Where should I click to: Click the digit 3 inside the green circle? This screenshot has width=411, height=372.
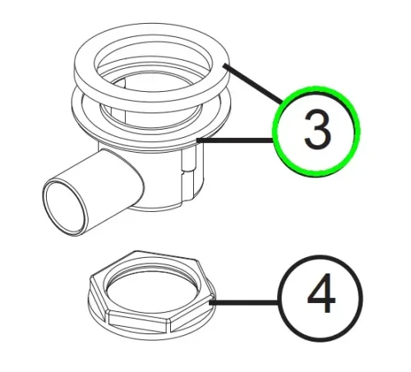point(318,130)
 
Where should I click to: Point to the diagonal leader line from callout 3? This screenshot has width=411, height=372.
point(252,83)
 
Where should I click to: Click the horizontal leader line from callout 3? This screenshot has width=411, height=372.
point(234,140)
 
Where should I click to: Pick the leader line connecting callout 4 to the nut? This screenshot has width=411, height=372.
point(244,302)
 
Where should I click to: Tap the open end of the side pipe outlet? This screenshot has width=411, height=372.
point(65,208)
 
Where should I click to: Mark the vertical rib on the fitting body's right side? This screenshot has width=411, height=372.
point(189,175)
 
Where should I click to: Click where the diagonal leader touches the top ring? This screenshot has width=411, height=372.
point(224,65)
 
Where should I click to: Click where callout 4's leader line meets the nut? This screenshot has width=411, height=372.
point(210,302)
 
